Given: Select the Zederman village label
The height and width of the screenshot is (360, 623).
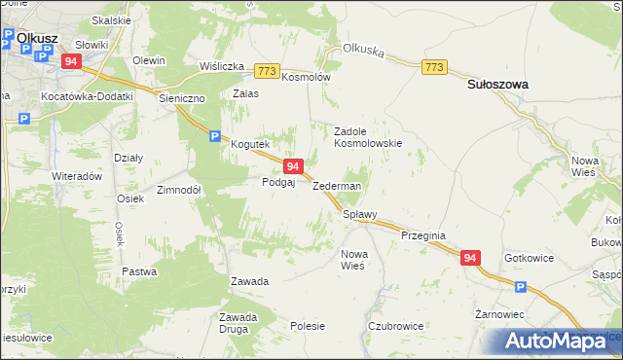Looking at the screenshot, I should (337, 186).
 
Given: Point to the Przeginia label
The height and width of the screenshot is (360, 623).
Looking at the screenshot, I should (422, 235).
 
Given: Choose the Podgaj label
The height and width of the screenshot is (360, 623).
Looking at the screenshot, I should (278, 182).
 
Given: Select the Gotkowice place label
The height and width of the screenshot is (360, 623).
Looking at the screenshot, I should (530, 258).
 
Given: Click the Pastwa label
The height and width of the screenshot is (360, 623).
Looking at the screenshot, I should (139, 271).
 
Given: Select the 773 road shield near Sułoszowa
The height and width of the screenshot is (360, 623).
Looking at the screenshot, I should (435, 66).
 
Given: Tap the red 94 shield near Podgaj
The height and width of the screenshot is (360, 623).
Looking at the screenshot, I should (293, 167).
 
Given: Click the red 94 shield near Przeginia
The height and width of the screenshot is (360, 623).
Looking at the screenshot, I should (470, 258).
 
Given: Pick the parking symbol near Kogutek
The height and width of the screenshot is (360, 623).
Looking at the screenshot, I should (214, 137).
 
